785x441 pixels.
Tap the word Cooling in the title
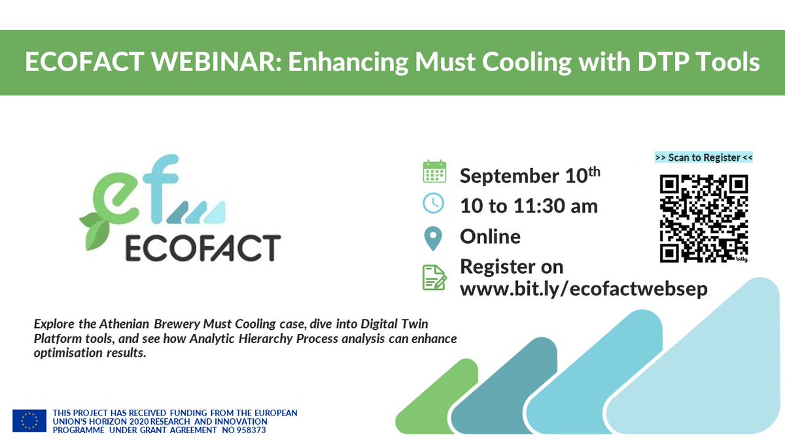coord(506,63)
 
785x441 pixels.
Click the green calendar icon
coord(434,172)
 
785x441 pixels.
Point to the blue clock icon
coord(434,203)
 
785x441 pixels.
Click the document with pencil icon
coord(434,278)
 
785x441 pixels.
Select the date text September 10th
coord(530,176)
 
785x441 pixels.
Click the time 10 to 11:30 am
coord(529,206)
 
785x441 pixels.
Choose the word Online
coord(490,237)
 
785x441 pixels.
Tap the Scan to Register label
coord(704,157)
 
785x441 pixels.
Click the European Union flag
coord(29,421)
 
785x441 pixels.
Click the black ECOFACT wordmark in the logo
coord(202,248)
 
